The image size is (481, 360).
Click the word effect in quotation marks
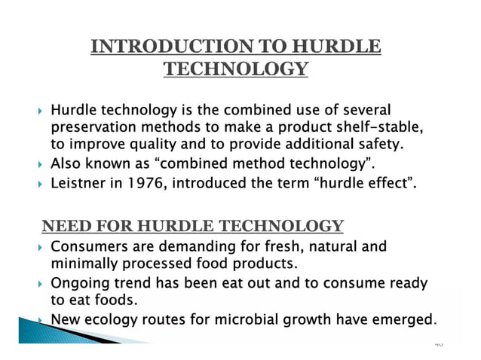[386, 182]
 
